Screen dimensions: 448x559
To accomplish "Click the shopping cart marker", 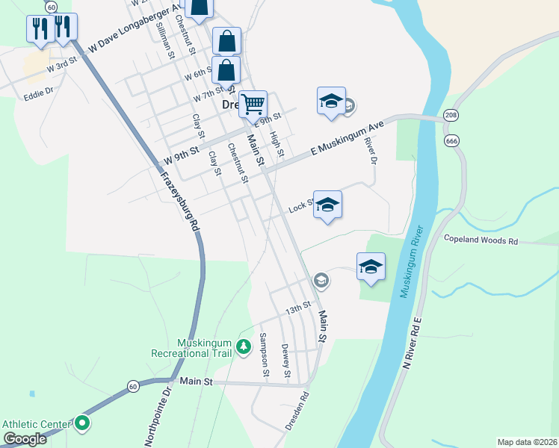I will (253, 105).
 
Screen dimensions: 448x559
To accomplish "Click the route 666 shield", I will (451, 140).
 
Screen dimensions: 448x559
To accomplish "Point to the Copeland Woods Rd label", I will (481, 241).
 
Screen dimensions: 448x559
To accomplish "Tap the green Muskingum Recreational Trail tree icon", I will (243, 347).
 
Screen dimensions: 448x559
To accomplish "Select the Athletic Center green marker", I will (82, 424).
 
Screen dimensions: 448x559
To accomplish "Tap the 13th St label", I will (297, 308).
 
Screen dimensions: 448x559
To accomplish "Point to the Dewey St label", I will (285, 360).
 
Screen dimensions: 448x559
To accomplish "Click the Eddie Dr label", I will (38, 94).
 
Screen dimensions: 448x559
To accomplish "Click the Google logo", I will (25, 439).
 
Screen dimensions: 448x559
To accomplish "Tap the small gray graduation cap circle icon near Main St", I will (321, 280).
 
